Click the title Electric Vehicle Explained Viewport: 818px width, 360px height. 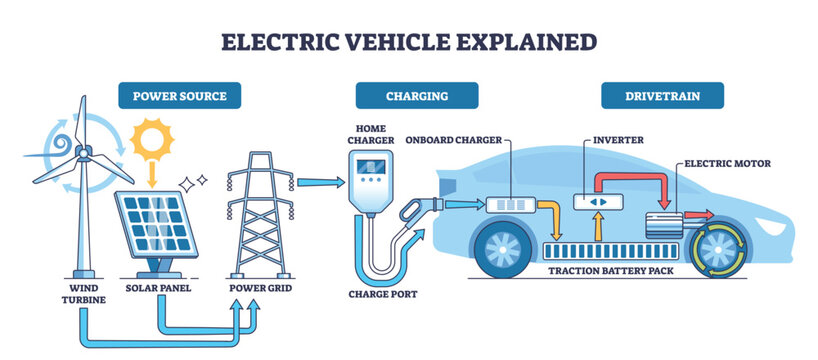[x=408, y=41]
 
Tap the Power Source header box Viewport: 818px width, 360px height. [x=181, y=96]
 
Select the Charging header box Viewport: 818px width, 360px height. [x=417, y=96]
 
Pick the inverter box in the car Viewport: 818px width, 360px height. [x=594, y=201]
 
